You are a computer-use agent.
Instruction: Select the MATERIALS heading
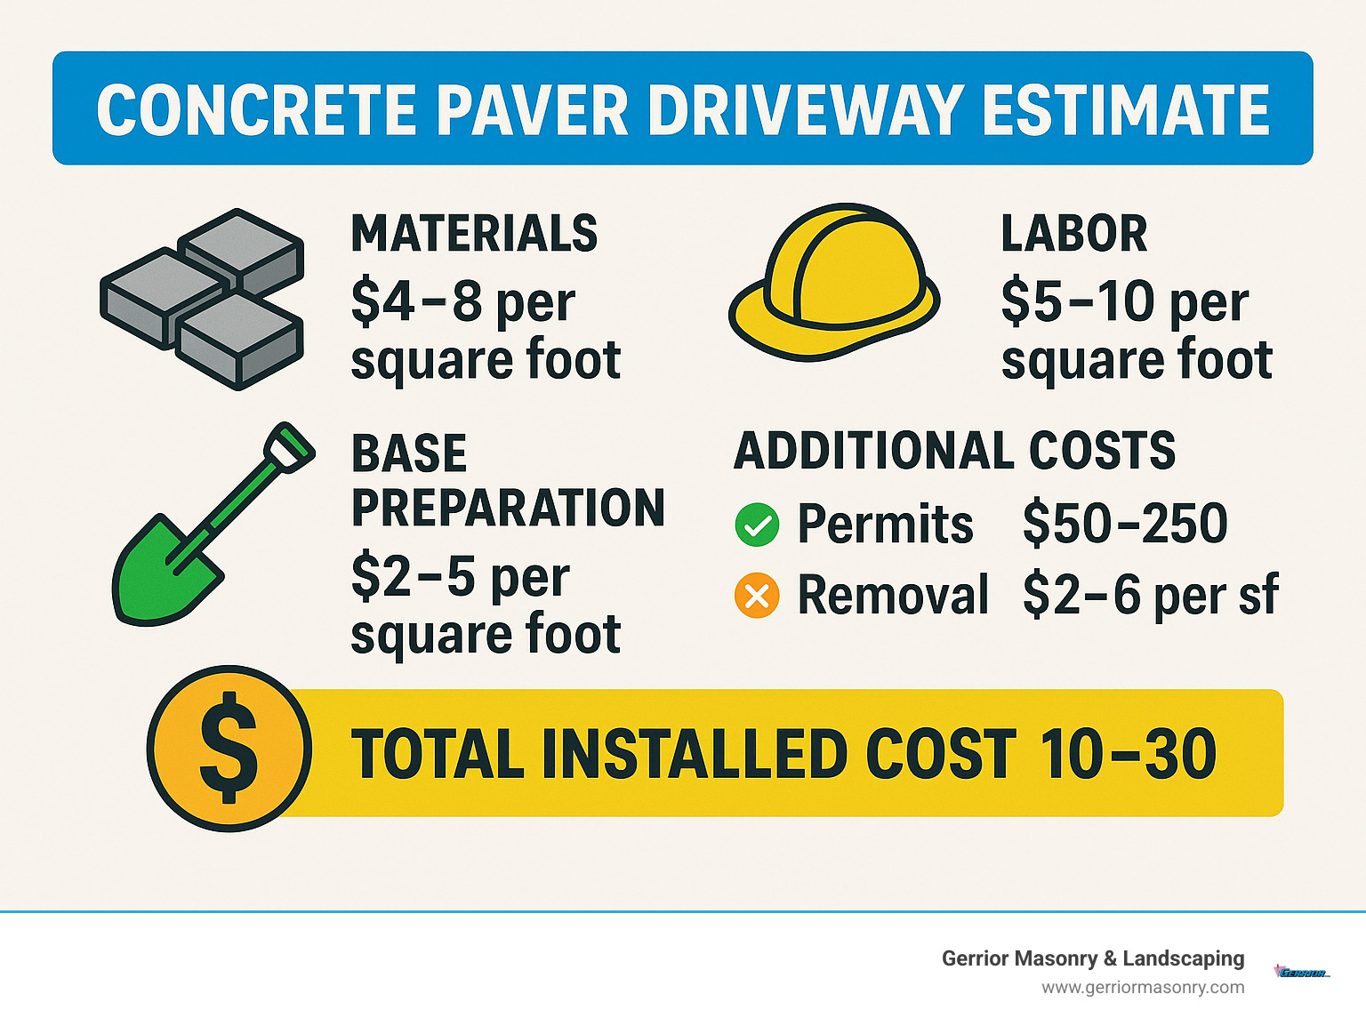[x=474, y=234]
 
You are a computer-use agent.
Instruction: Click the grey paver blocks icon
[x=203, y=298]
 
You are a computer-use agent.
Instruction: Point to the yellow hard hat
[x=833, y=281]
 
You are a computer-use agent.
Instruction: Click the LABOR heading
[x=1073, y=234]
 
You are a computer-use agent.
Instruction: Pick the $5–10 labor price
[x=1077, y=301]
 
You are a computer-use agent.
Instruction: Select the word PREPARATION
[x=508, y=508]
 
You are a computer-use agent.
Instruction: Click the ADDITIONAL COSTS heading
[x=954, y=451]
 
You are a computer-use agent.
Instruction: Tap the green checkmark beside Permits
[x=757, y=525]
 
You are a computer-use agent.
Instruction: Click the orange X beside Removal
[x=757, y=596]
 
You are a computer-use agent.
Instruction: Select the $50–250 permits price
[x=1125, y=524]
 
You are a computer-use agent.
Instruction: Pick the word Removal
[x=893, y=595]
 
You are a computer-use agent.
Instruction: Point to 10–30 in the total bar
[x=1127, y=754]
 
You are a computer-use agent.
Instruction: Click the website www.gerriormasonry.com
[x=1143, y=988]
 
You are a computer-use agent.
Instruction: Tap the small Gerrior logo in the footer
[x=1302, y=973]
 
